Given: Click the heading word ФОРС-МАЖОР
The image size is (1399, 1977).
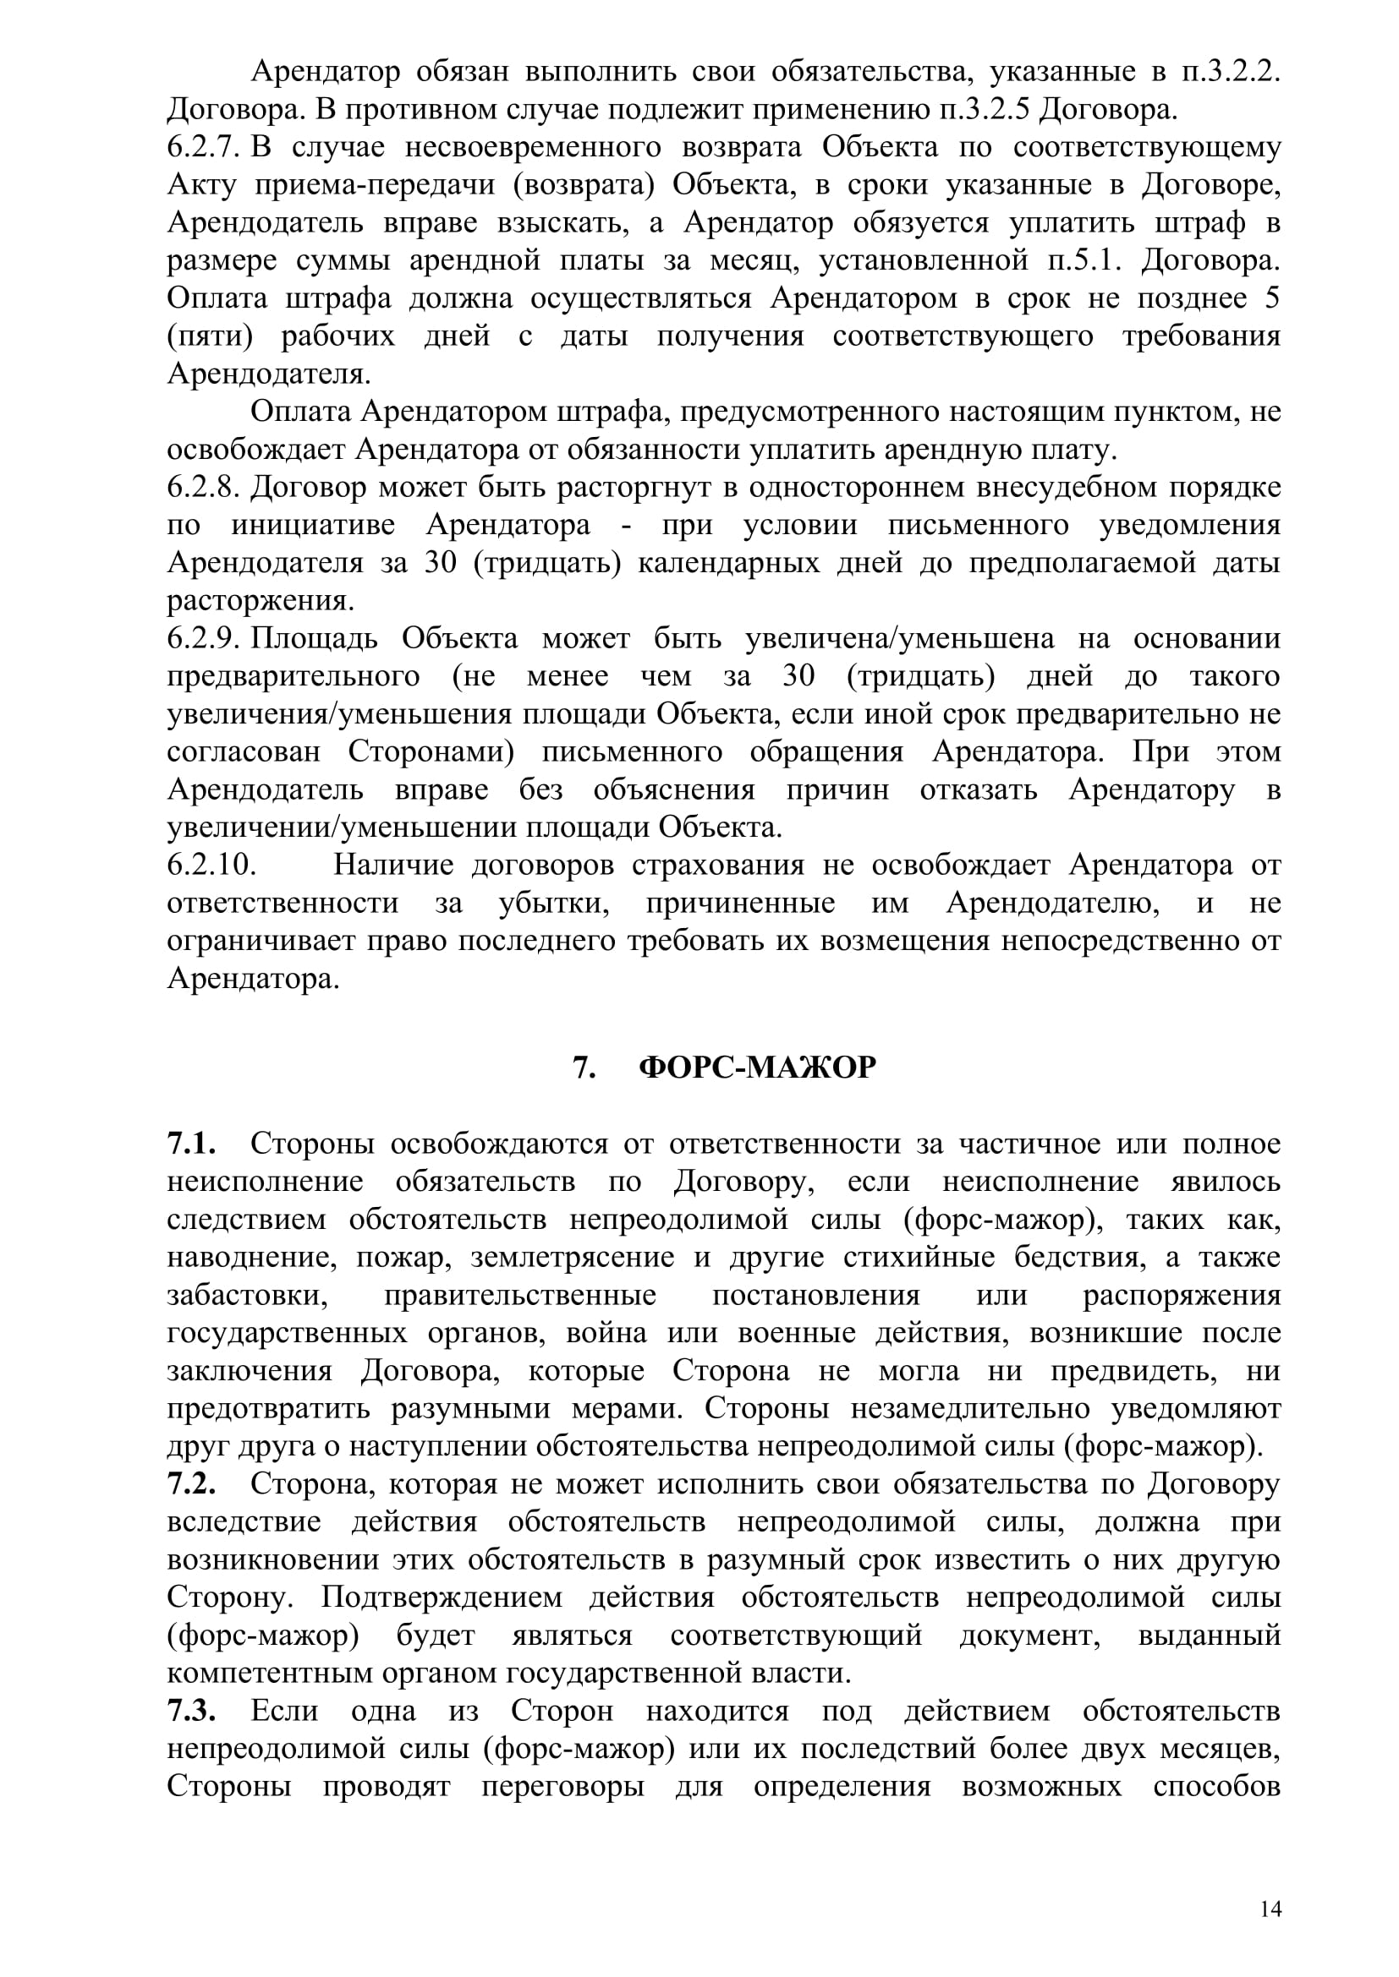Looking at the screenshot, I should click(757, 1068).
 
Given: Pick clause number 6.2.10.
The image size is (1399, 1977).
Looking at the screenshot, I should click(212, 866).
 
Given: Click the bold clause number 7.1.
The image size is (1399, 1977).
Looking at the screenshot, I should click(190, 1144).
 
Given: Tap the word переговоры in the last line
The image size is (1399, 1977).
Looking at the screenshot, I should click(562, 1787).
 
